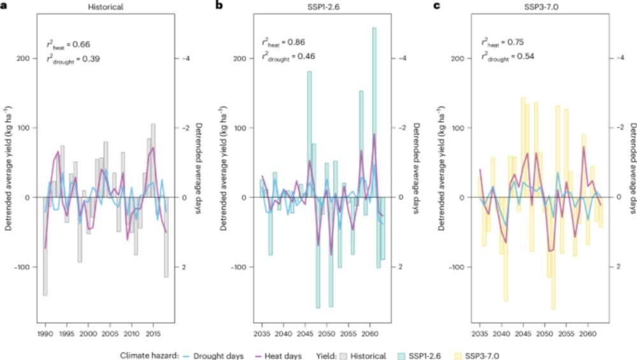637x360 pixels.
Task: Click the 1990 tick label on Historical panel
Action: point(45,333)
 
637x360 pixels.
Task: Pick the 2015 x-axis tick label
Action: point(154,333)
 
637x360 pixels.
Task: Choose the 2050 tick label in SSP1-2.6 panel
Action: point(327,333)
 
